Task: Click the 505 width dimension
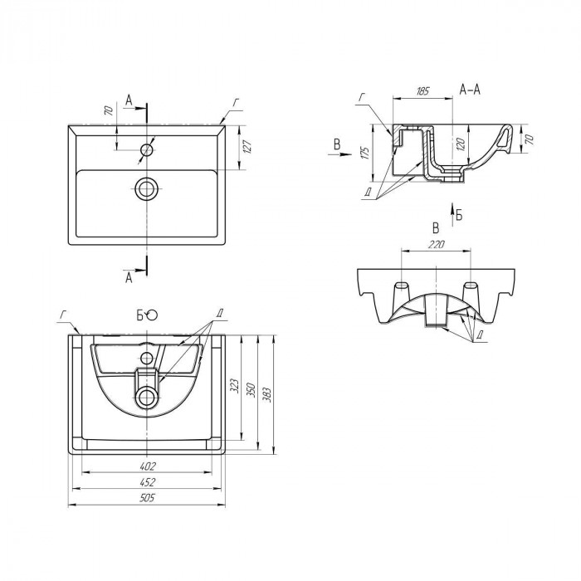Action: point(147,498)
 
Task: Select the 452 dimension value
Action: point(148,482)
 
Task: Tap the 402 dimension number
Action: point(148,466)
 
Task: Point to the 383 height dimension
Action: point(267,395)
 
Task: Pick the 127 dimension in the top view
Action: point(247,147)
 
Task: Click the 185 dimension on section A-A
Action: point(422,91)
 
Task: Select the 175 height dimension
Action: point(364,153)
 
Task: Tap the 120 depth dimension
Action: point(460,144)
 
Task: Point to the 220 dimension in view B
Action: point(436,245)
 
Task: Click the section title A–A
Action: point(470,90)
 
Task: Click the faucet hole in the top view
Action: point(147,150)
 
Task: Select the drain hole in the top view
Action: point(147,188)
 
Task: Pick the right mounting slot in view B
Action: point(471,286)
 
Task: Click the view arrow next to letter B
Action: point(339,154)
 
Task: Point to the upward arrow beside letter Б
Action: point(452,214)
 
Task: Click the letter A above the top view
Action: point(129,100)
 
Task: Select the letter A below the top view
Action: point(129,277)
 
